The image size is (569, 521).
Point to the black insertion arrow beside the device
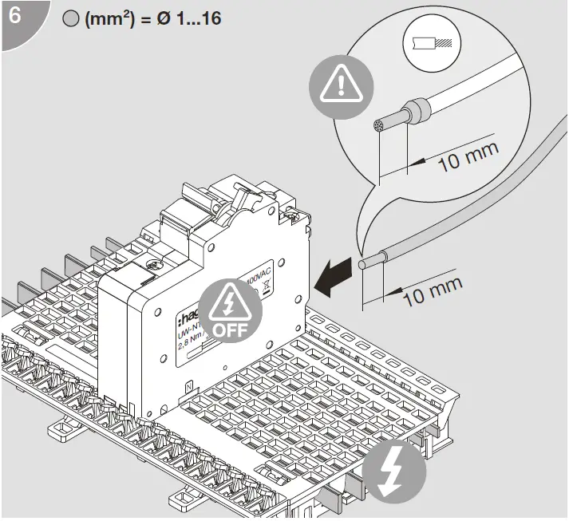click(x=334, y=276)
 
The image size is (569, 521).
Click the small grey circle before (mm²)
click(x=70, y=19)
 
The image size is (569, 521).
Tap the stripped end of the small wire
click(x=366, y=262)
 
